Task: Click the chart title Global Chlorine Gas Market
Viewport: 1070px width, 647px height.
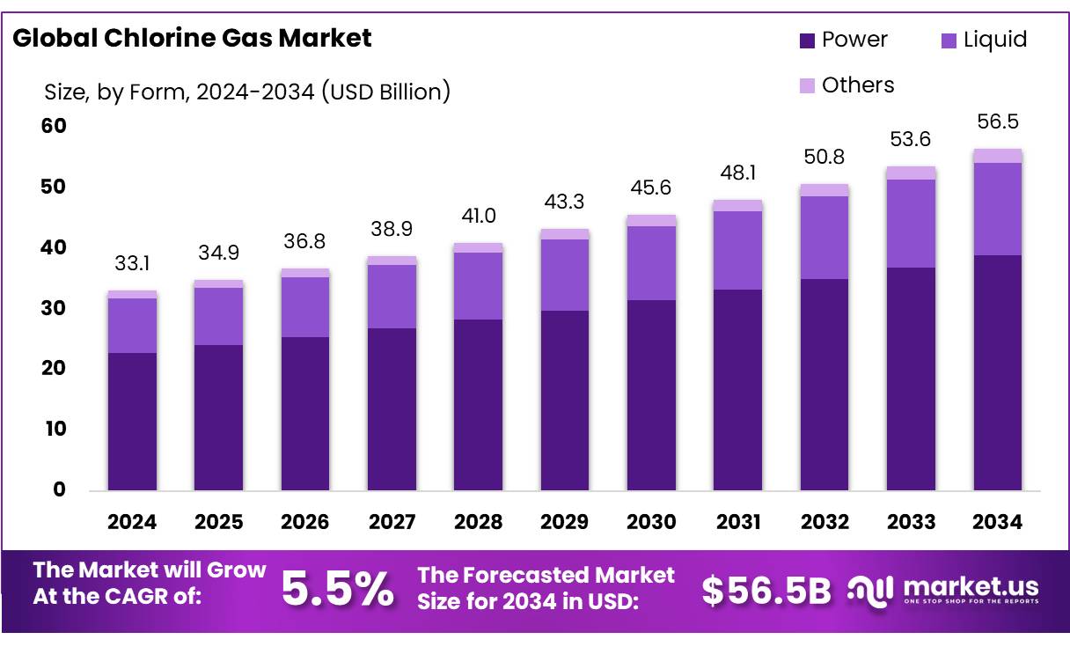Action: [x=192, y=38]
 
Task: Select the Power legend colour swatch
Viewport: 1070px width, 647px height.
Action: [x=807, y=40]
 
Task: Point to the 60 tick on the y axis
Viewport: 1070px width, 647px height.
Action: [x=54, y=126]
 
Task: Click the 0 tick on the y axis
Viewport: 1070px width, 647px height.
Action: [x=59, y=489]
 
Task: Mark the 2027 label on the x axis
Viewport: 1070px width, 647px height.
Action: [x=392, y=522]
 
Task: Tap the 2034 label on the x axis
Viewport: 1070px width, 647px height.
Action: [x=997, y=522]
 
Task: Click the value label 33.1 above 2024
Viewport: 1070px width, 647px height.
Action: [x=132, y=263]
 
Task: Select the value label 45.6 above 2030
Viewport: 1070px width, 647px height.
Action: [x=651, y=187]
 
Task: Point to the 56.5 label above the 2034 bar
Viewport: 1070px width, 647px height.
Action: [x=997, y=121]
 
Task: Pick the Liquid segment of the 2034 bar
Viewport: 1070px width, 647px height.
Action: [x=997, y=209]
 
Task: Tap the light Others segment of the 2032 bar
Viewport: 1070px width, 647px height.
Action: [x=824, y=190]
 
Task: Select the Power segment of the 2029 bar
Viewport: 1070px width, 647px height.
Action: [x=565, y=400]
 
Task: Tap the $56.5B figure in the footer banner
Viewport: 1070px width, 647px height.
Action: [x=766, y=591]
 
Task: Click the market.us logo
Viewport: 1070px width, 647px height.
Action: [x=942, y=590]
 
